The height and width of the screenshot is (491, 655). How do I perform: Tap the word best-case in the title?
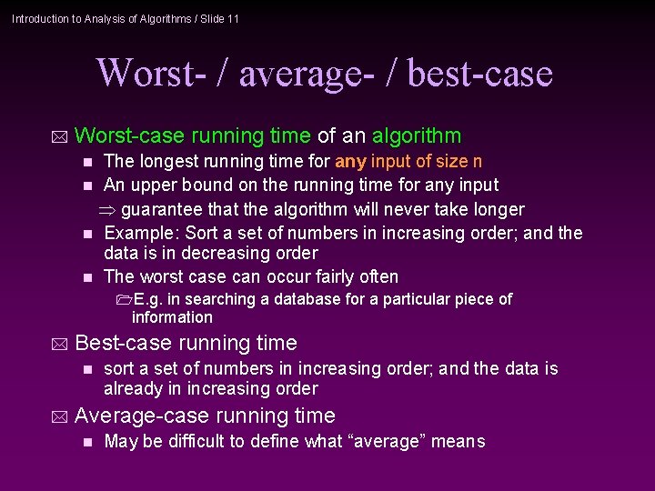(x=479, y=73)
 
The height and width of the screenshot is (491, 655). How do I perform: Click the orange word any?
(x=350, y=162)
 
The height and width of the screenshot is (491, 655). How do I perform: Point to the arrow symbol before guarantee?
(x=108, y=209)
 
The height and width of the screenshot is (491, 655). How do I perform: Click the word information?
(x=172, y=317)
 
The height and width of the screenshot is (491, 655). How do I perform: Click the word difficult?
(x=188, y=442)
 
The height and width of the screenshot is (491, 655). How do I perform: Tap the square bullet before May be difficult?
(x=87, y=443)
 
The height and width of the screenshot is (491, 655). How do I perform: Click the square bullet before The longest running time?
(x=87, y=163)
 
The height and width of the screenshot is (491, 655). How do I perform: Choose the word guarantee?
(x=162, y=209)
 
